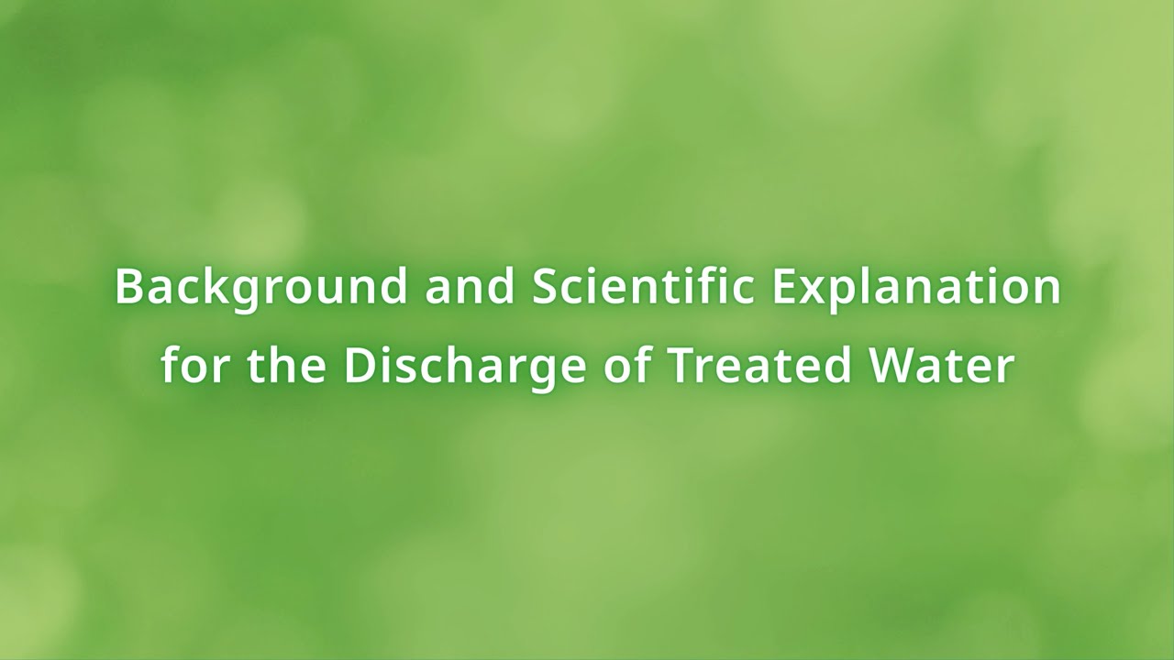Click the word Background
coord(261,287)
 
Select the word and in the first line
coord(470,287)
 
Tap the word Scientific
coord(644,287)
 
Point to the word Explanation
coord(916,287)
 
